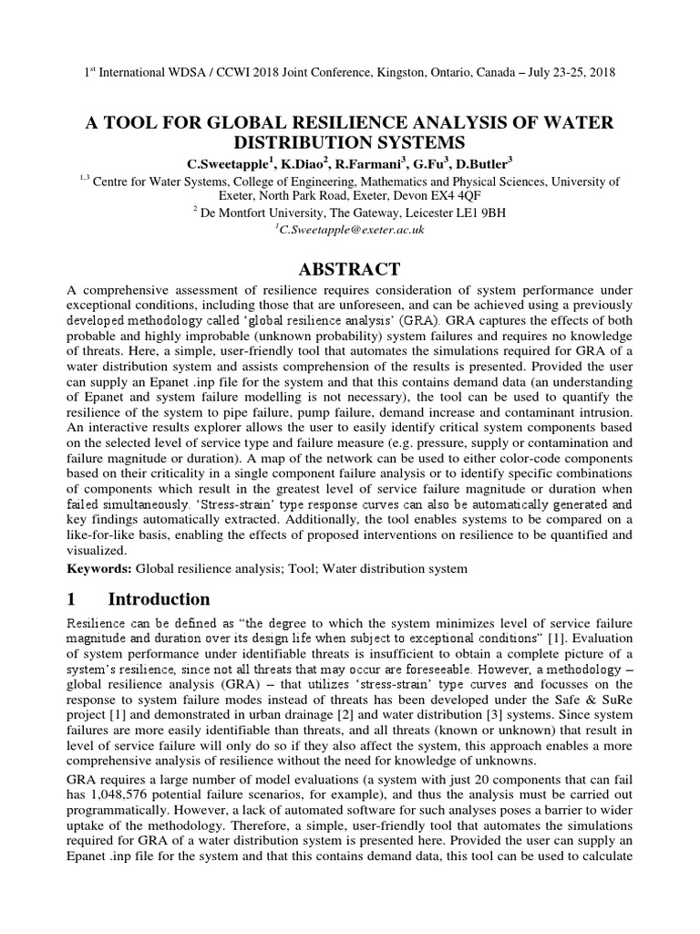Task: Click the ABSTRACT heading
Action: [350, 269]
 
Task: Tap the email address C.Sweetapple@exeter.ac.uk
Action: [350, 231]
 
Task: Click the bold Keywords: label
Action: [100, 569]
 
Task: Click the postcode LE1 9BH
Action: [475, 213]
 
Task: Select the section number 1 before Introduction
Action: [73, 599]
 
